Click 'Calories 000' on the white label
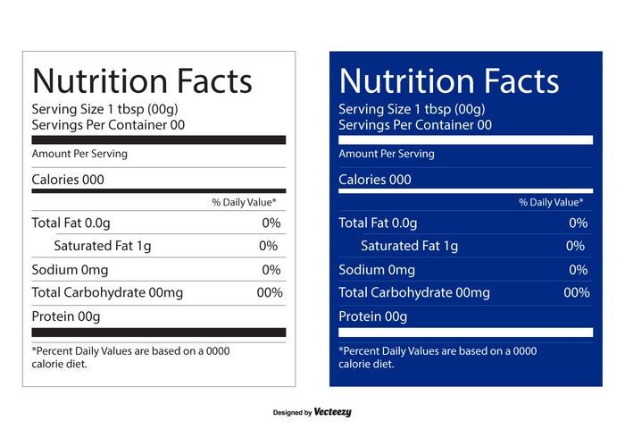coord(68,180)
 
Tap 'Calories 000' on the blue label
coord(375,180)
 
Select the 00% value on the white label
coord(269,292)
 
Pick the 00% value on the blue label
coord(576,292)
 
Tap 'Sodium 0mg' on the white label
coord(70,269)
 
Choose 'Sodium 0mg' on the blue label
coord(377,269)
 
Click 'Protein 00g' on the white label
coord(66,316)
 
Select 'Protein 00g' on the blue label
coord(373,316)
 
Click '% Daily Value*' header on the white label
coord(244,203)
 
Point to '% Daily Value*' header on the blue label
coord(551,203)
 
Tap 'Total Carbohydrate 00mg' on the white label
coord(107,292)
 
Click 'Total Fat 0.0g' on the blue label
coord(378,223)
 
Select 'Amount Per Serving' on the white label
coord(79,154)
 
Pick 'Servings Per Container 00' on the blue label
coord(415,125)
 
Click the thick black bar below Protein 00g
coord(159,333)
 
